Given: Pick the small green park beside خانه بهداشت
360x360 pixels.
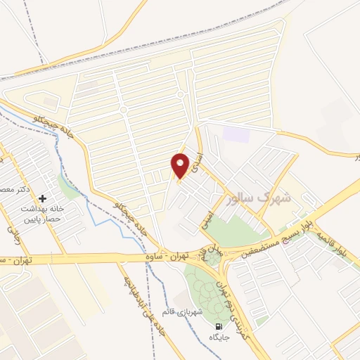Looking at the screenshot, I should [68, 187].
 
